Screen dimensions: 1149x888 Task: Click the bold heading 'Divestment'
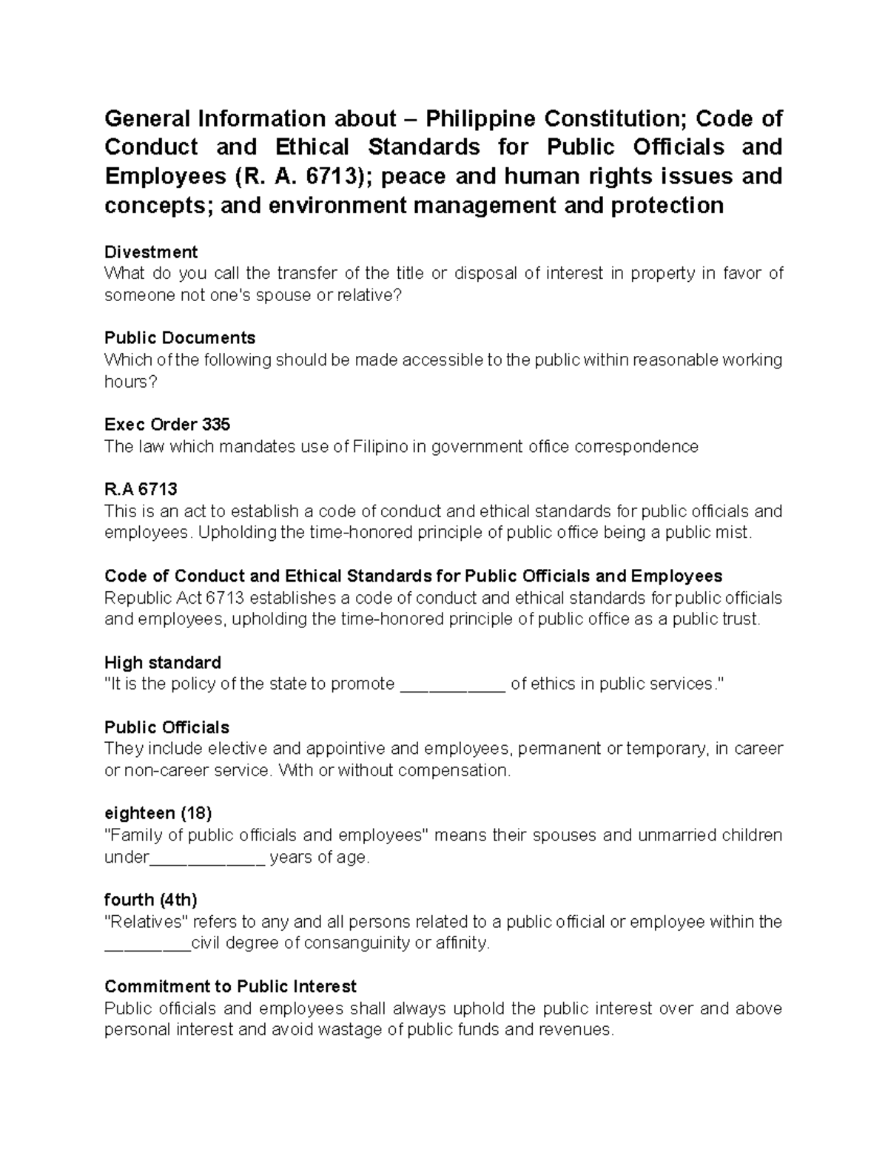(x=151, y=252)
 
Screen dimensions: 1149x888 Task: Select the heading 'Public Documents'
(x=180, y=338)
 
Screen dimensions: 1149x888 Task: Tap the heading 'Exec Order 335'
(x=167, y=425)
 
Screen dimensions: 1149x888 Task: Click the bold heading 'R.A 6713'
(x=141, y=489)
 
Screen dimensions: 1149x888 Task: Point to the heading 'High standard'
(x=163, y=662)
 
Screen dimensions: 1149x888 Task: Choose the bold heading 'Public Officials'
(x=167, y=727)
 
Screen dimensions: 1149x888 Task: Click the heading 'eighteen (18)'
(x=158, y=813)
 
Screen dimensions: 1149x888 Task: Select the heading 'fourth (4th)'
(x=151, y=900)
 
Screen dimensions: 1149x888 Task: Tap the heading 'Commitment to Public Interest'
(x=231, y=986)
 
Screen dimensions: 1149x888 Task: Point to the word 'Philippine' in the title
(x=480, y=118)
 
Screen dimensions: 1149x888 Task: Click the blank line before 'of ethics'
(x=452, y=685)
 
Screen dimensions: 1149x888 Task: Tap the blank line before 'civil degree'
(x=147, y=945)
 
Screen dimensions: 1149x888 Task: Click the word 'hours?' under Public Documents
(x=132, y=382)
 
